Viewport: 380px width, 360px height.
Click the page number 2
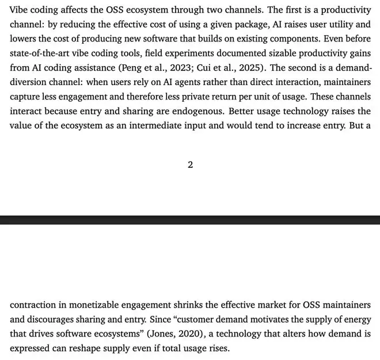point(190,165)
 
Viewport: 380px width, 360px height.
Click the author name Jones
point(170,334)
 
